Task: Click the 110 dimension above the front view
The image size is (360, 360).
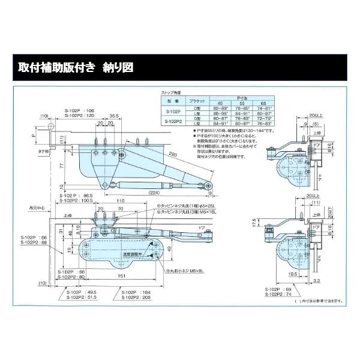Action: [x=121, y=200]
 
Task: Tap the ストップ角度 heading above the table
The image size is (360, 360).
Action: [x=170, y=94]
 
